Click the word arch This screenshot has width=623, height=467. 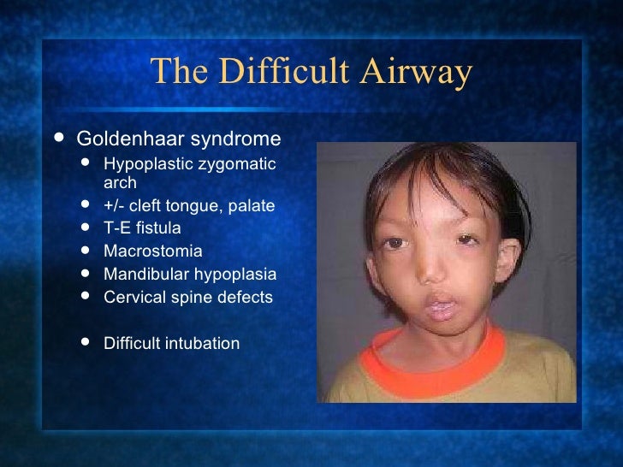[x=120, y=182]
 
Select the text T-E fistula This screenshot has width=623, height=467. [x=142, y=228]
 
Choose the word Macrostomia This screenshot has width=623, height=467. [x=153, y=251]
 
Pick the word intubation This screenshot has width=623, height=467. [x=205, y=344]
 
